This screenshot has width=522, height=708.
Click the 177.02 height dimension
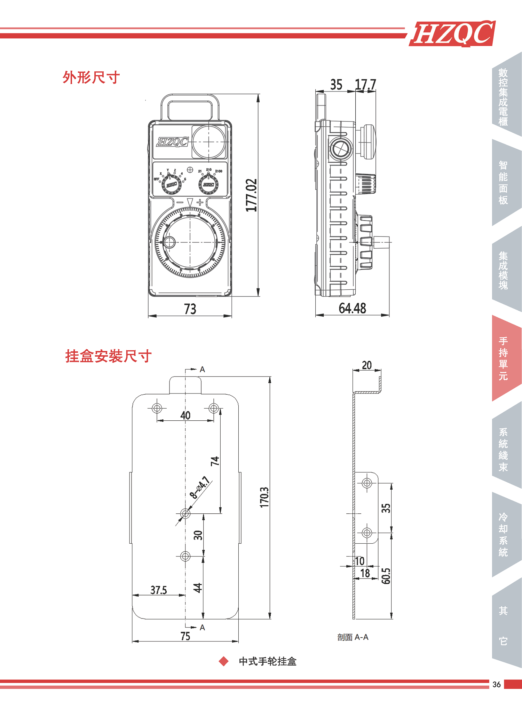(251, 195)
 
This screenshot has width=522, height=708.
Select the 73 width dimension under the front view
(190, 309)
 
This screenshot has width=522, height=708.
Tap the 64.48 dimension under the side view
(352, 308)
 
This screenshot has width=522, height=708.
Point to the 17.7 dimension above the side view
(365, 85)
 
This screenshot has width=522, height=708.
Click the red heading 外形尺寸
(91, 77)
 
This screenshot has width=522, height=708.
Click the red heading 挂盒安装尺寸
(108, 356)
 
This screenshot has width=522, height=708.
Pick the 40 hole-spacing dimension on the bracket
(185, 415)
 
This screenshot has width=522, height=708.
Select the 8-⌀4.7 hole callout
(200, 487)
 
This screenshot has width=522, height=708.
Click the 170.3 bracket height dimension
(264, 497)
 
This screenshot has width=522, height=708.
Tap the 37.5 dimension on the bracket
(158, 590)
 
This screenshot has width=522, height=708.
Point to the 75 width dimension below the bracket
(185, 636)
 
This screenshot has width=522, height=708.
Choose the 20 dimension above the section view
(367, 365)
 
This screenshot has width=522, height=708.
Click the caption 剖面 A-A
(353, 637)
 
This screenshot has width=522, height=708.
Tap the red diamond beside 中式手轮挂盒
(223, 661)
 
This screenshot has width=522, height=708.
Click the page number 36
(497, 684)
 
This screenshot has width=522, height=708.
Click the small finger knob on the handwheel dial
(169, 242)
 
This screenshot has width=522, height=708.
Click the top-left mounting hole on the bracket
(157, 408)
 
